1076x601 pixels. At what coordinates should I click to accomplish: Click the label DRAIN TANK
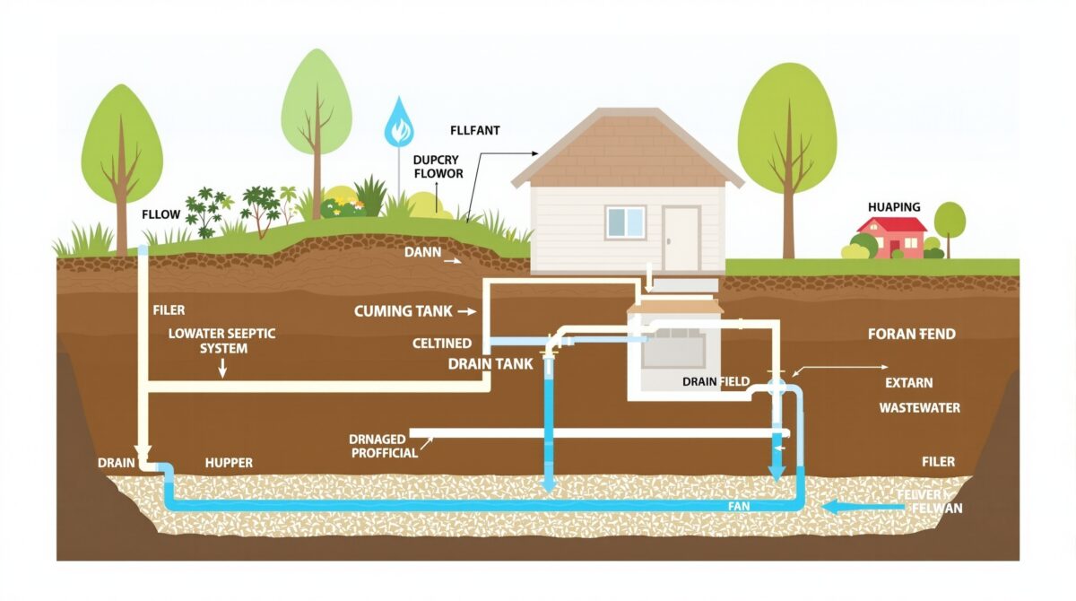pyautogui.click(x=490, y=364)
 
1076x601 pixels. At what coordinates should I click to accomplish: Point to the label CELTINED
pyautogui.click(x=442, y=344)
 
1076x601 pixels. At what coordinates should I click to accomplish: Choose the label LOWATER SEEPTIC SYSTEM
pyautogui.click(x=222, y=340)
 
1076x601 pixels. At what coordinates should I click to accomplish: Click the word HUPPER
pyautogui.click(x=229, y=463)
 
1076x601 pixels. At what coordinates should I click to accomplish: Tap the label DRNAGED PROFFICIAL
pyautogui.click(x=385, y=446)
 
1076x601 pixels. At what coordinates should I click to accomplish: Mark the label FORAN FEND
pyautogui.click(x=912, y=334)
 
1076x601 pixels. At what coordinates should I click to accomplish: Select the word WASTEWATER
pyautogui.click(x=919, y=407)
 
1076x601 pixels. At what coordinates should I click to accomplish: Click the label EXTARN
pyautogui.click(x=909, y=383)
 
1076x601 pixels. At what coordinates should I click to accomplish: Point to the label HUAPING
pyautogui.click(x=894, y=207)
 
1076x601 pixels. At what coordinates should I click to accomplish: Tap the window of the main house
pyautogui.click(x=625, y=222)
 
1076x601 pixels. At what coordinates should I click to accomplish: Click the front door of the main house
pyautogui.click(x=681, y=237)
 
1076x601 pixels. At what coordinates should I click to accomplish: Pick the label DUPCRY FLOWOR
pyautogui.click(x=438, y=166)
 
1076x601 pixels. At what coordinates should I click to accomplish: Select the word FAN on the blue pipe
pyautogui.click(x=738, y=507)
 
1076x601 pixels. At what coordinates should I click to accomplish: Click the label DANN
pyautogui.click(x=422, y=253)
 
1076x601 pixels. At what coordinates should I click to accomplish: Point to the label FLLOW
pyautogui.click(x=161, y=215)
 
